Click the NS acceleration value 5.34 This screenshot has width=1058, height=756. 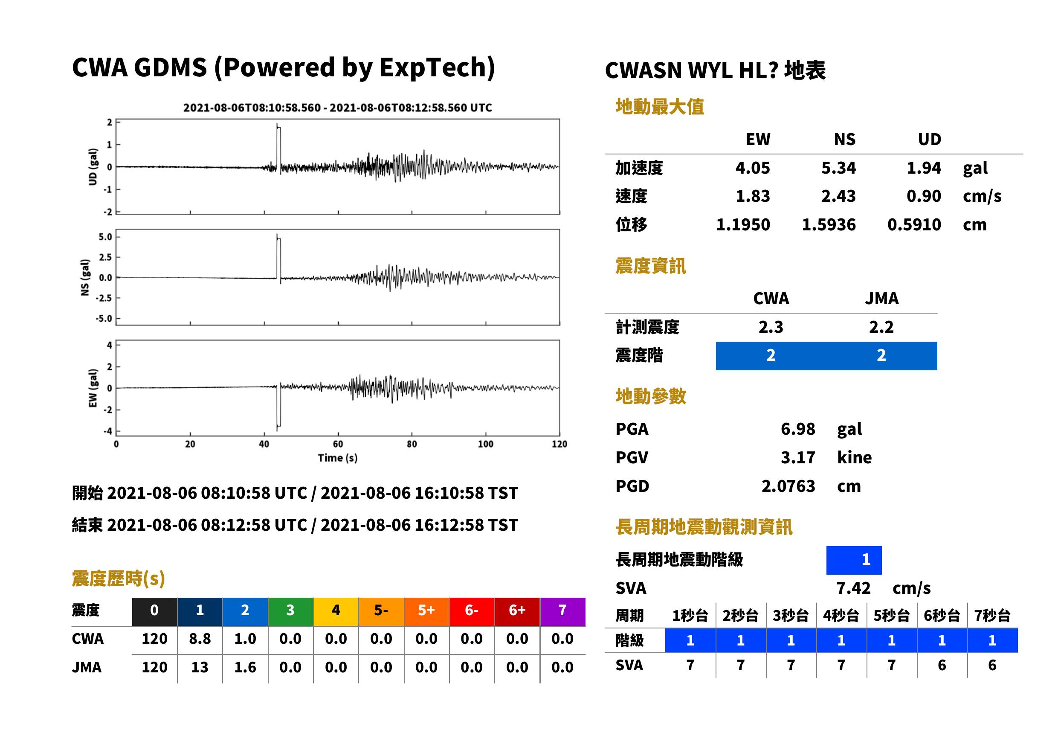pos(838,168)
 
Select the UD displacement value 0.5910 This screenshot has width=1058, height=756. pos(914,225)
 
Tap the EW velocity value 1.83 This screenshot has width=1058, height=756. pos(752,196)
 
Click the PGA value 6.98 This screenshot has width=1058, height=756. pos(797,429)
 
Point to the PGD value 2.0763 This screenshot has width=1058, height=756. pos(788,486)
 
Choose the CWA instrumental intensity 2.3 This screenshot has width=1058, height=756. pos(771,327)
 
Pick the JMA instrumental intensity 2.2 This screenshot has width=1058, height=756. pos(881,327)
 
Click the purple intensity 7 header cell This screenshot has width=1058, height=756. pos(562,610)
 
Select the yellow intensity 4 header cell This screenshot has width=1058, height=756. pos(336,610)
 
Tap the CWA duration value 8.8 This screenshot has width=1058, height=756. pos(200,639)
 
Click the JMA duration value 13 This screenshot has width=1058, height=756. pos(200,667)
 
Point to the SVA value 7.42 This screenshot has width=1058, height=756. pos(853,588)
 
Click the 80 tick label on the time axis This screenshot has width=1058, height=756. pos(412,444)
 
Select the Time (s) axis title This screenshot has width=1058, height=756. pos(338,458)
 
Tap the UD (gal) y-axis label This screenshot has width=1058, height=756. pos(93,167)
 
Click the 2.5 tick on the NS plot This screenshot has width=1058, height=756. pos(105,257)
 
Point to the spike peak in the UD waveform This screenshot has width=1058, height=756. pos(277,124)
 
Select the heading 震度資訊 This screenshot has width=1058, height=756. pos(650,266)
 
